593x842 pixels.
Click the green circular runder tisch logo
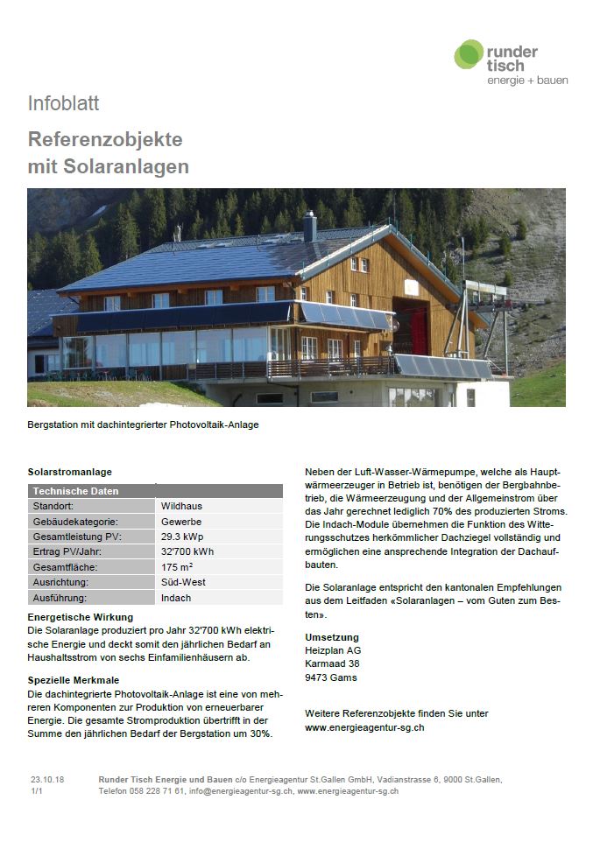click(x=469, y=54)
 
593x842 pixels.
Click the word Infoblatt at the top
click(x=63, y=103)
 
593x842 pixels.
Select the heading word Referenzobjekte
click(x=105, y=139)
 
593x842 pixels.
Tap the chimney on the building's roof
click(x=309, y=226)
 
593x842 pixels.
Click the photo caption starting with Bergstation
click(x=143, y=425)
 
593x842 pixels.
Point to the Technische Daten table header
click(x=75, y=491)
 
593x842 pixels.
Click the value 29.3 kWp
click(x=183, y=537)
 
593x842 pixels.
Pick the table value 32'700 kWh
click(x=187, y=551)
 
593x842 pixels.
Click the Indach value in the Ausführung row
click(x=175, y=598)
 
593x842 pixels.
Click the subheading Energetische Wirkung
click(x=81, y=617)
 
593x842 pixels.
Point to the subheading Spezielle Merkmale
click(x=74, y=680)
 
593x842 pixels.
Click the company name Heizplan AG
click(x=333, y=650)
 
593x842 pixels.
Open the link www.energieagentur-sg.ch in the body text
click(x=364, y=727)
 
